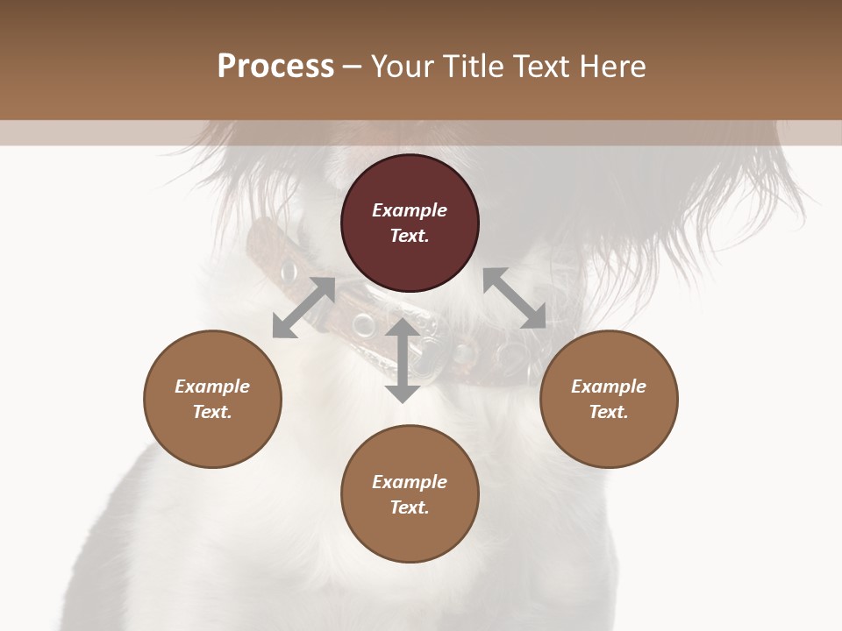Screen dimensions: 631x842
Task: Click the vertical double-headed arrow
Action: [x=403, y=360]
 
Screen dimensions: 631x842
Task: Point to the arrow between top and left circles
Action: [x=304, y=307]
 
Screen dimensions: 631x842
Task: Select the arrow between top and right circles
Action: [x=515, y=298]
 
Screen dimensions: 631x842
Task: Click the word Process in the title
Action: [x=275, y=67]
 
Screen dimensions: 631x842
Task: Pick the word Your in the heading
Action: [x=403, y=67]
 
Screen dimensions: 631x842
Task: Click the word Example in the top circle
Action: [x=410, y=210]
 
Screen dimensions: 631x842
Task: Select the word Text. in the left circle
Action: [x=212, y=412]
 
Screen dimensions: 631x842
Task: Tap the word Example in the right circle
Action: [x=609, y=386]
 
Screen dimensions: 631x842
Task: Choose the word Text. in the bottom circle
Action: [x=410, y=507]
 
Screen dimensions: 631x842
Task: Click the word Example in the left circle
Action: [x=212, y=386]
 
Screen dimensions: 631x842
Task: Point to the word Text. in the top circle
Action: [x=410, y=236]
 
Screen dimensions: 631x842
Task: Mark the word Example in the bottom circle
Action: [x=410, y=482]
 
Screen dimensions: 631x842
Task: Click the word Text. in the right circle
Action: [x=609, y=412]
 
